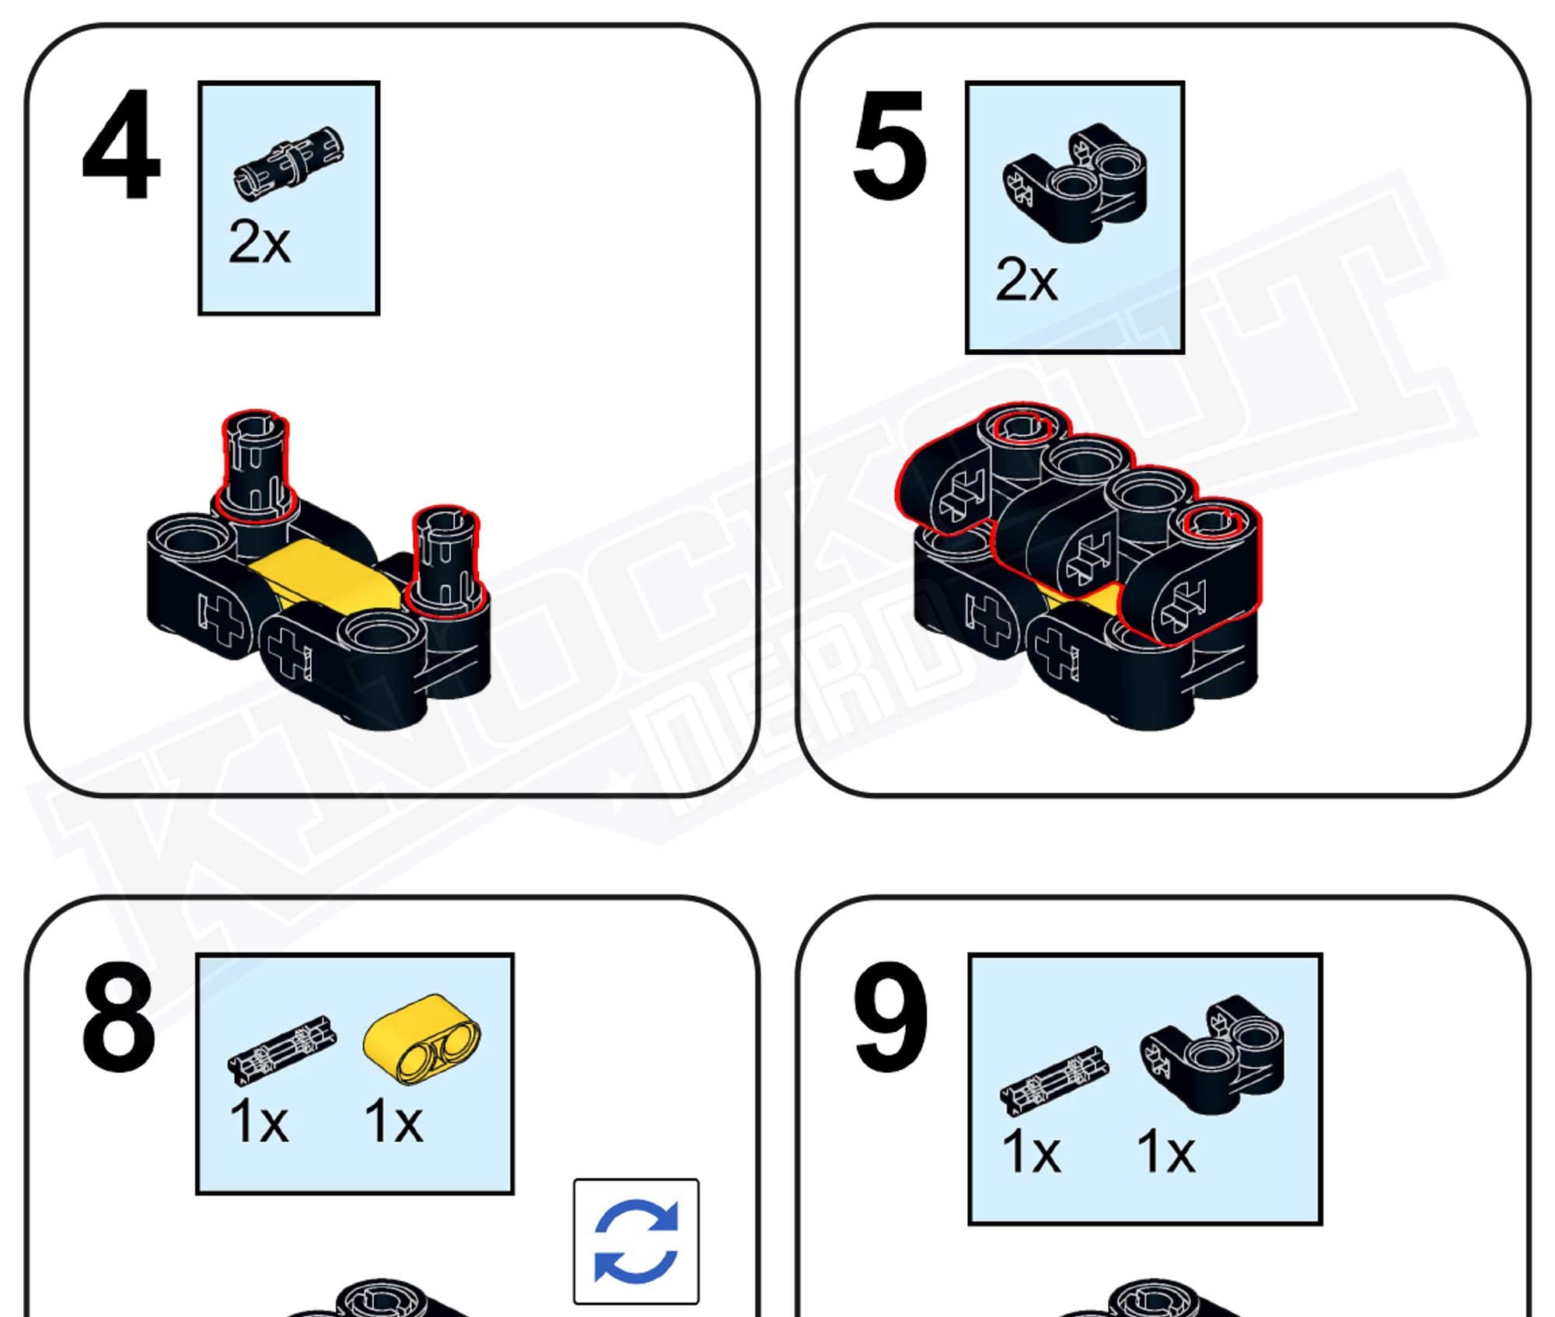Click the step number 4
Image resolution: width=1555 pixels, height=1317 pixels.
pyautogui.click(x=121, y=145)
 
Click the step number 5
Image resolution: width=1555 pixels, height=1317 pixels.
pyautogui.click(x=890, y=145)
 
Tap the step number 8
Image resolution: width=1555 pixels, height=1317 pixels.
pyautogui.click(x=119, y=1017)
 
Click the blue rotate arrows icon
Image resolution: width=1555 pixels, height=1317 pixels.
pyautogui.click(x=636, y=1241)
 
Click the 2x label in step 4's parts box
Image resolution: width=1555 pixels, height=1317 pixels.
pyautogui.click(x=259, y=242)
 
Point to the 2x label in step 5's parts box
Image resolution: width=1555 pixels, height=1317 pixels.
pyautogui.click(x=1026, y=280)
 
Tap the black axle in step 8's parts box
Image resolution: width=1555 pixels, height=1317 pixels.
pyautogui.click(x=281, y=1048)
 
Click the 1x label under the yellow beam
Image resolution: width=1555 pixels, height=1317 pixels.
pyautogui.click(x=393, y=1122)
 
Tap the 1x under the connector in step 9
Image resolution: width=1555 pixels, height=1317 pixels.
pyautogui.click(x=1165, y=1152)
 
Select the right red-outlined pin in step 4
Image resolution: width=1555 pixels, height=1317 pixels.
pyautogui.click(x=446, y=559)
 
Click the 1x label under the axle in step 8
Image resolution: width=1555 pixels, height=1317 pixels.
pyautogui.click(x=259, y=1122)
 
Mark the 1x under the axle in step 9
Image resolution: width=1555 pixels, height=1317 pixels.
pyautogui.click(x=1031, y=1152)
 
